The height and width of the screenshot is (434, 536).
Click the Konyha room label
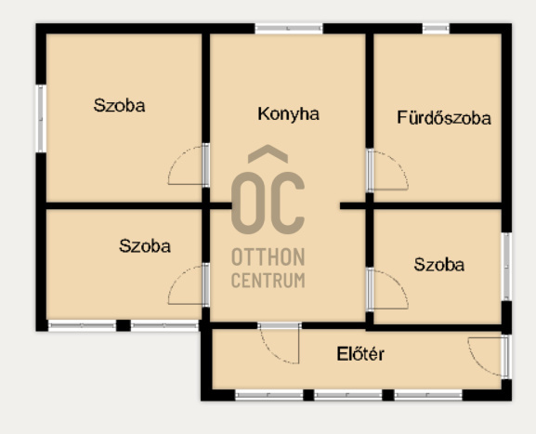[289, 114]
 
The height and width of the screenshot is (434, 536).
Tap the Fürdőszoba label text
[444, 118]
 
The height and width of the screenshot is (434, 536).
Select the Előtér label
[360, 354]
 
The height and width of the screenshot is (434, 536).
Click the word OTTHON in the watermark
[268, 257]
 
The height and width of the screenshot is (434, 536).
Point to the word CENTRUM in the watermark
[268, 281]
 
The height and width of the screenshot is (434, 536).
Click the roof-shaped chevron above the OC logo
[268, 153]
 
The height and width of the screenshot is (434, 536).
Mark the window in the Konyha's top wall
[289, 29]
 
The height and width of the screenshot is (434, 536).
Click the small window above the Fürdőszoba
[436, 29]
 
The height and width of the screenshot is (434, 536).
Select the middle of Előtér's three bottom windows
[348, 395]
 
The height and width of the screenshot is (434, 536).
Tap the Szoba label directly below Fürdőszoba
[439, 265]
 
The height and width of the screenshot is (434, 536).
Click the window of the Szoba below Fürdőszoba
[506, 267]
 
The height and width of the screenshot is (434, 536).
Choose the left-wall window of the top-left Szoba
[41, 118]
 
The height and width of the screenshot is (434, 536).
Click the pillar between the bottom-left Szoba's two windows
[124, 325]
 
